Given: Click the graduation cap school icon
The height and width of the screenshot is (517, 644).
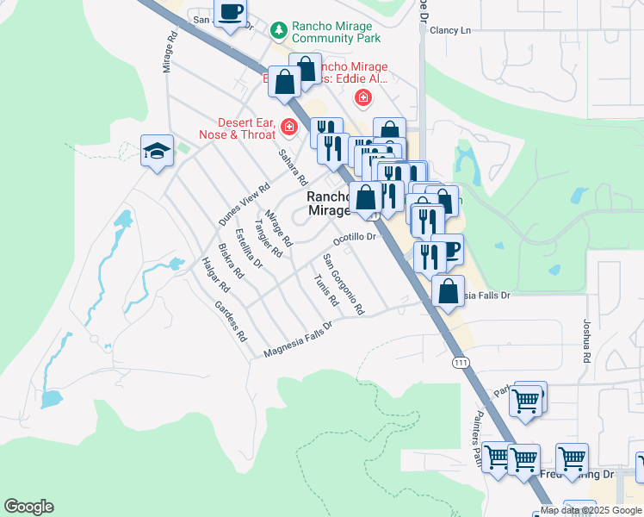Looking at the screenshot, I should [158, 151].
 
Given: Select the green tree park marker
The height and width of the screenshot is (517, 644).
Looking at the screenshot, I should [278, 31].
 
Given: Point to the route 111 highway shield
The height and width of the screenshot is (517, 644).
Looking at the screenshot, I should [461, 364].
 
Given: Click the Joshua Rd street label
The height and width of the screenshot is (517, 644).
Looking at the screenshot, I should [586, 340].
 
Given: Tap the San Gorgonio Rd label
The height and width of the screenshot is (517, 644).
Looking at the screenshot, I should [344, 283].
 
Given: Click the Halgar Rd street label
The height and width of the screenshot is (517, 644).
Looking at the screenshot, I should [212, 274].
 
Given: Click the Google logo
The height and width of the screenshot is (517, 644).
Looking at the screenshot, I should [28, 507].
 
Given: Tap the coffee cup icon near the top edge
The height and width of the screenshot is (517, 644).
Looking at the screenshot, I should [230, 12].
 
